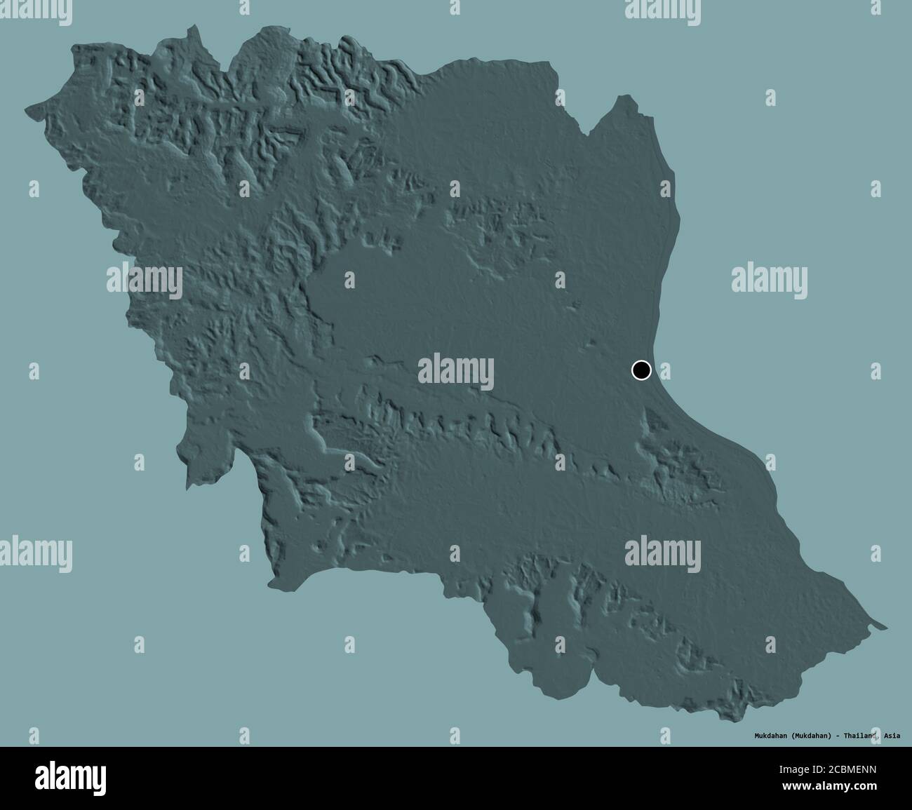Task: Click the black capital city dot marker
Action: tap(641, 370)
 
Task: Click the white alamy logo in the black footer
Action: tap(72, 778)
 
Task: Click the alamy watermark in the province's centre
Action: tap(456, 371)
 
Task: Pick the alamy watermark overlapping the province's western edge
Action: tap(144, 280)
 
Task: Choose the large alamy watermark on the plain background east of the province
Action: tap(770, 278)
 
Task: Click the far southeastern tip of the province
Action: tap(885, 626)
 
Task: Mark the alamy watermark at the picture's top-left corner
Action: tap(35, 8)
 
